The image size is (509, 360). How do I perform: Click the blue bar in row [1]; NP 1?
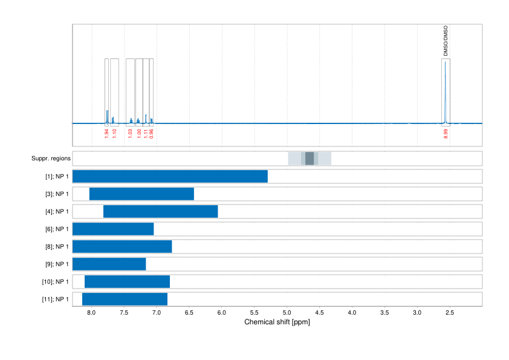tap(170, 177)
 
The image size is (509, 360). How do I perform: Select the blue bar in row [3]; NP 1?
tap(141, 194)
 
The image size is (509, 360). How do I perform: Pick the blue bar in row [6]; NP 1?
tap(113, 229)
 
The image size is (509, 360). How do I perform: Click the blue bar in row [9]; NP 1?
tap(109, 264)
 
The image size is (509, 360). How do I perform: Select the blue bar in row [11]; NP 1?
tap(125, 299)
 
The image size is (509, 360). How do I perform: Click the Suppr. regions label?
tap(51, 159)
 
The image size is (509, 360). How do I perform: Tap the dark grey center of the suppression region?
tap(310, 159)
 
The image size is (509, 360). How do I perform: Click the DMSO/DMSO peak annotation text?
tap(446, 41)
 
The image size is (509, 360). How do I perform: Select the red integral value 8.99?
tap(446, 134)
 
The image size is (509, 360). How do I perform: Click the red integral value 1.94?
tap(106, 134)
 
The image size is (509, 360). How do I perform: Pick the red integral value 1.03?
tap(130, 134)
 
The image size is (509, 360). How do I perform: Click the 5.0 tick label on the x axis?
tap(287, 313)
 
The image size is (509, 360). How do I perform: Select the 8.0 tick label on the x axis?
tap(92, 313)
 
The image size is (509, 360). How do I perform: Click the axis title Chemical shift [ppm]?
tap(277, 322)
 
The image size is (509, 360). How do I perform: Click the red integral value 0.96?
tap(152, 134)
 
